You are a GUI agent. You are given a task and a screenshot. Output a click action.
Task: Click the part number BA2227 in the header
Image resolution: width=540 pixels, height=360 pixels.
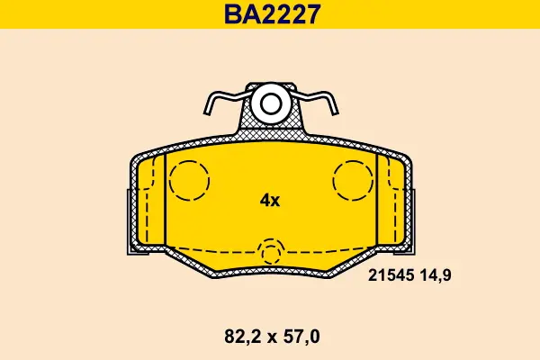tap(272, 14)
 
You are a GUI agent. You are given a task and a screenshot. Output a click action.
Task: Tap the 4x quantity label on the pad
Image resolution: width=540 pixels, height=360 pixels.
tap(270, 200)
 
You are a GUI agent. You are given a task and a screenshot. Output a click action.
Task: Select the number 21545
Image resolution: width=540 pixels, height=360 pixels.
tap(391, 275)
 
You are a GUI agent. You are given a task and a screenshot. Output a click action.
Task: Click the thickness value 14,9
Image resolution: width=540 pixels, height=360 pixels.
tap(435, 275)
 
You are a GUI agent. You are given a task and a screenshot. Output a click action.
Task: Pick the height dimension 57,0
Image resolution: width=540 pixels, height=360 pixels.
tap(301, 337)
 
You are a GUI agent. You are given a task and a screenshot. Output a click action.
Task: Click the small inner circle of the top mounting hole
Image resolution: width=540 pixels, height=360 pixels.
tap(271, 104)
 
